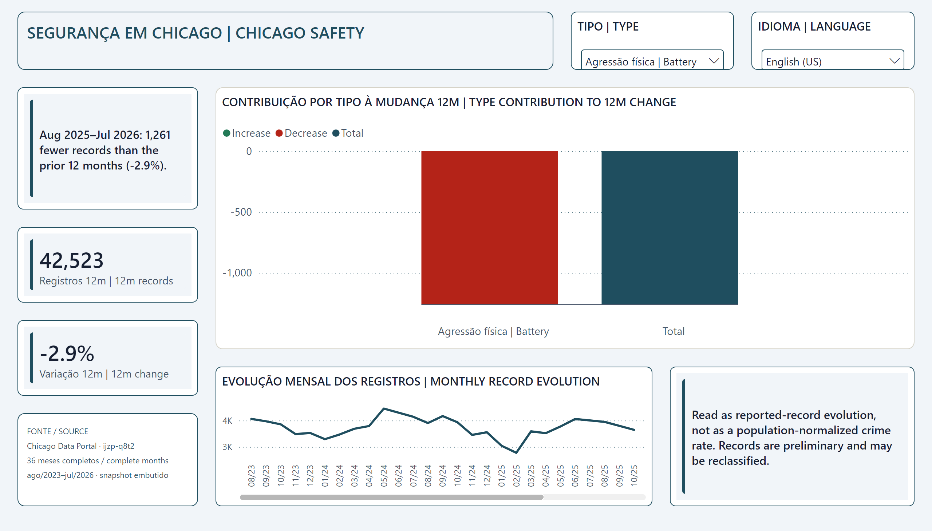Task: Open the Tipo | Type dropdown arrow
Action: click(x=714, y=61)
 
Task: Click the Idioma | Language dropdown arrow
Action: click(x=895, y=61)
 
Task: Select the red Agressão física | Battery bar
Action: click(x=490, y=228)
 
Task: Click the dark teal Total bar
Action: click(x=670, y=228)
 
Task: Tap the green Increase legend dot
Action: click(x=226, y=133)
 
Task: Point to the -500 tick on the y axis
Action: click(x=241, y=212)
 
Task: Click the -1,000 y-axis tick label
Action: click(x=237, y=273)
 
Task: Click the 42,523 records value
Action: click(x=72, y=260)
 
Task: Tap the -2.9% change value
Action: click(x=67, y=354)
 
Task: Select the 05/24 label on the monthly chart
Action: click(x=384, y=476)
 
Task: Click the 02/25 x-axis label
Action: click(x=516, y=476)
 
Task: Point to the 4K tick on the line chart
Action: click(x=227, y=420)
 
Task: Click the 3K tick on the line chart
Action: click(x=227, y=447)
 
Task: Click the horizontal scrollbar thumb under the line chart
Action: click(x=391, y=497)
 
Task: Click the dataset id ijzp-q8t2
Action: click(x=119, y=446)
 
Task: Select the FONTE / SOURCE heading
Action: click(x=57, y=431)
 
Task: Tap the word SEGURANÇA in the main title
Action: click(x=74, y=33)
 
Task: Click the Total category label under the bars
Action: click(x=674, y=331)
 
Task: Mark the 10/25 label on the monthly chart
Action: click(x=634, y=476)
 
